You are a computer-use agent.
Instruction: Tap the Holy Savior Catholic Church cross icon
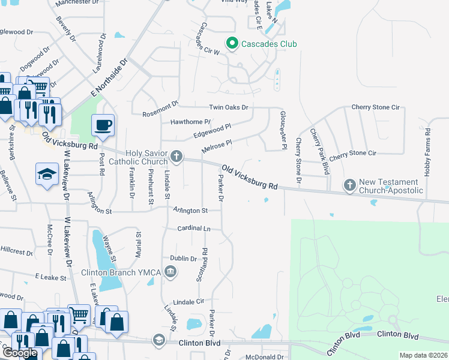[176, 157]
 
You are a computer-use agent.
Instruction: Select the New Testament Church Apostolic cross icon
[350, 185]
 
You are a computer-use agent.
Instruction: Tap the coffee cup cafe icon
[102, 125]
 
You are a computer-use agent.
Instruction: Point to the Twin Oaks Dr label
[228, 107]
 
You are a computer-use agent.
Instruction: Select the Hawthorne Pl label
[190, 121]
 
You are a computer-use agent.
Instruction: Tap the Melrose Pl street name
[216, 146]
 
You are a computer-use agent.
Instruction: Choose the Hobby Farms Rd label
[427, 151]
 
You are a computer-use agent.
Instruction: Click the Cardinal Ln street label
[194, 229]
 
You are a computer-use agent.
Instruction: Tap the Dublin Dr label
[184, 259]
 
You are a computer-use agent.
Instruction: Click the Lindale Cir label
[188, 301]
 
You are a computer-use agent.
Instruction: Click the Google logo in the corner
[20, 353]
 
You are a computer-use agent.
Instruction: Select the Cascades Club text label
[269, 44]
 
